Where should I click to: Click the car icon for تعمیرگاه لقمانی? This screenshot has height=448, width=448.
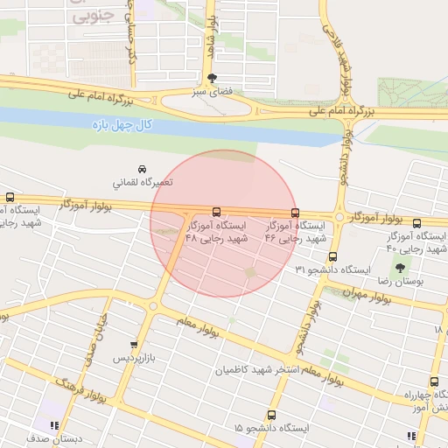[x=142, y=168]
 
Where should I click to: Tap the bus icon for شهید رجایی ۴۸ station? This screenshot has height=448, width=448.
[x=216, y=212]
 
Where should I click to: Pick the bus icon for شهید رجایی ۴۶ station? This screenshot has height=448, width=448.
[x=295, y=212]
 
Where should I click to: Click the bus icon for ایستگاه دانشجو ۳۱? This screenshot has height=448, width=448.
[x=332, y=257]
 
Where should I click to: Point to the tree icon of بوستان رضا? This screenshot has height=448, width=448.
[x=400, y=269]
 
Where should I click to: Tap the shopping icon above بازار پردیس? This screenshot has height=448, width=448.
[x=133, y=345]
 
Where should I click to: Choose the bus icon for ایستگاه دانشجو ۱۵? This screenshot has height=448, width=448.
[x=271, y=415]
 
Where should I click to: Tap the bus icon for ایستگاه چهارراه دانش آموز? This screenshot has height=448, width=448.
[x=435, y=381]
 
